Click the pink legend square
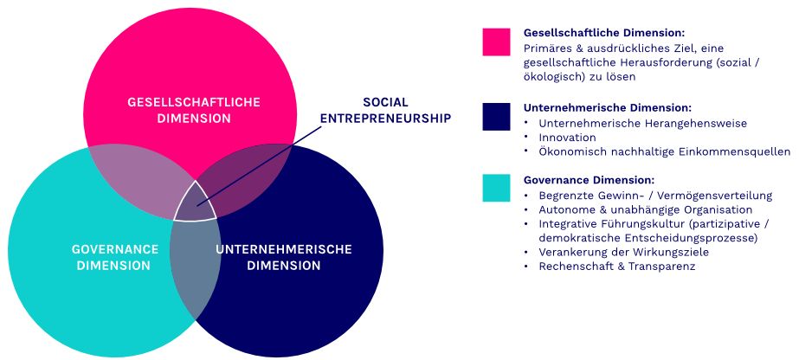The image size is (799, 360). (496, 42)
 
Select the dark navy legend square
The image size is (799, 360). (496, 117)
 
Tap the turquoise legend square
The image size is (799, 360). (496, 188)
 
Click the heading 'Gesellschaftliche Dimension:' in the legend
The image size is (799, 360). (604, 33)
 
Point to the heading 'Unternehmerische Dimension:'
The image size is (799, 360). (608, 108)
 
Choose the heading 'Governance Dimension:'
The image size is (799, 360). (589, 180)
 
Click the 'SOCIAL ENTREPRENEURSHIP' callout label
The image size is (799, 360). (386, 111)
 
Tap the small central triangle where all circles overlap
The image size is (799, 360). (195, 203)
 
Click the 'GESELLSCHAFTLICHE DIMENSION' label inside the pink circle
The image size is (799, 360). (194, 111)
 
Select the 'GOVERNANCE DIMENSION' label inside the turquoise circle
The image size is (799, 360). (114, 258)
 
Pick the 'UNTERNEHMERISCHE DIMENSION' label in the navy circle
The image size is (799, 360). (284, 258)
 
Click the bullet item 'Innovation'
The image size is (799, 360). (567, 138)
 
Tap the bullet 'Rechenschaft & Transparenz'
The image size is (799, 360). (616, 267)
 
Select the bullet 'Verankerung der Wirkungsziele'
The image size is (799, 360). (624, 252)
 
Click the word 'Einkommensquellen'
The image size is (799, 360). (739, 151)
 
